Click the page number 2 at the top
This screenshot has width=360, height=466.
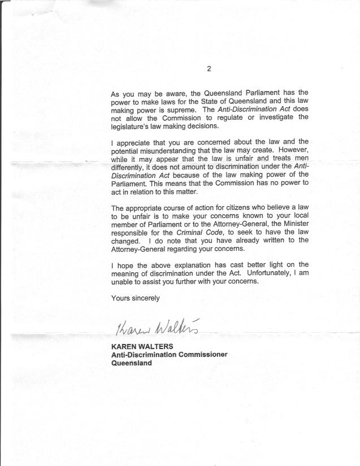(x=209, y=69)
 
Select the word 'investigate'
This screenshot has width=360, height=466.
(x=272, y=117)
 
